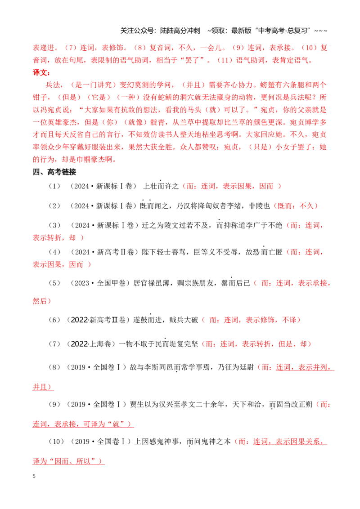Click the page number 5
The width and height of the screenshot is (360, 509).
click(x=34, y=476)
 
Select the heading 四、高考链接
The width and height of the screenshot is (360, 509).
click(x=54, y=172)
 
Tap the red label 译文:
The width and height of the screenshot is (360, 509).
click(x=41, y=72)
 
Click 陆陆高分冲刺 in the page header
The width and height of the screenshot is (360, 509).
click(x=180, y=31)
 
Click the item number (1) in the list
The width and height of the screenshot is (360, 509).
click(x=54, y=186)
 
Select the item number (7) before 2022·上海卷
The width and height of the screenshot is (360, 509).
click(x=54, y=344)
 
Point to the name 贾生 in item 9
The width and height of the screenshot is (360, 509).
click(x=137, y=405)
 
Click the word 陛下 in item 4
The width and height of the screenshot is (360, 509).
click(x=149, y=252)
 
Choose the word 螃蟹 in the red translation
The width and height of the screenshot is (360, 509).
click(x=267, y=85)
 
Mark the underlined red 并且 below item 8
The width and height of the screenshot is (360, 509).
click(x=40, y=387)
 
